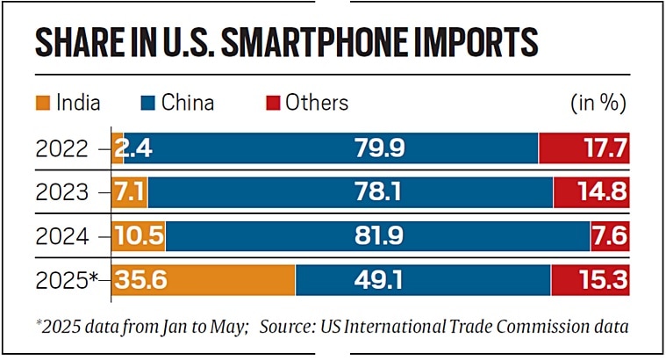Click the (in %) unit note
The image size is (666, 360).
tap(598, 103)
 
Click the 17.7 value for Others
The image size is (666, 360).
tap(602, 149)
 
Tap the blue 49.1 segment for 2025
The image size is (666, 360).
tap(423, 279)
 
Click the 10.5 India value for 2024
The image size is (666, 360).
tap(139, 236)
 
